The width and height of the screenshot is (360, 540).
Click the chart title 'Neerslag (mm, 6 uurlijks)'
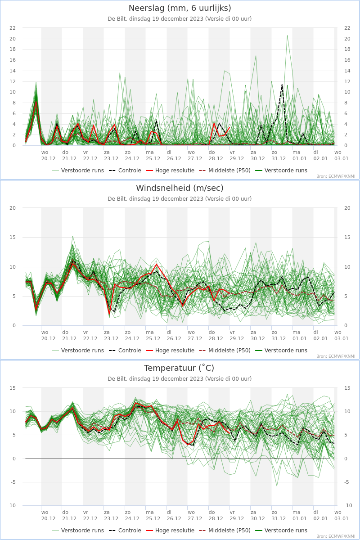180,8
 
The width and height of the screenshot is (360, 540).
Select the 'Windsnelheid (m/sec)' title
180,188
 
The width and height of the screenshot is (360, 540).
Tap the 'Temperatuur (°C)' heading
179,368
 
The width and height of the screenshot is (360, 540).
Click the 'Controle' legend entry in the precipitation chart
125,171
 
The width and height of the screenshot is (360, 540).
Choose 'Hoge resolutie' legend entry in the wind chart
170,351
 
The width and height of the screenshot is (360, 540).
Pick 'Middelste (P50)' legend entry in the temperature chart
225,531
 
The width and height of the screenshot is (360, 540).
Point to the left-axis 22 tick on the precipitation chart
13,28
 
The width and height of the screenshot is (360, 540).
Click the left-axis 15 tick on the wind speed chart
13,238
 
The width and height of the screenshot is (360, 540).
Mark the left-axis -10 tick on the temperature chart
12,505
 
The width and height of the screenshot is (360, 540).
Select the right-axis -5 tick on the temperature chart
346,482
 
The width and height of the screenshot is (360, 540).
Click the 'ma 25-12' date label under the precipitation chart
153,156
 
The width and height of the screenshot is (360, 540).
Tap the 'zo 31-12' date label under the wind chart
279,336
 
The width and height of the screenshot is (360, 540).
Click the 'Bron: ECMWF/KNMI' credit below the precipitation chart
336,176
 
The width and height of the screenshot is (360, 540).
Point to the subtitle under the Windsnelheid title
180,199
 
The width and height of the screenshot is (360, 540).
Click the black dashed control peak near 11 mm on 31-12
282,85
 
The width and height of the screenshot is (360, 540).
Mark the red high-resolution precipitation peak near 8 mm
36,102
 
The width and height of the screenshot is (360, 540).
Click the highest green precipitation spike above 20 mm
287,36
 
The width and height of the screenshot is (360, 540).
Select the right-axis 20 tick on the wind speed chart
347,208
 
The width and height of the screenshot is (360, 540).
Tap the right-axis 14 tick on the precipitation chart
347,71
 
